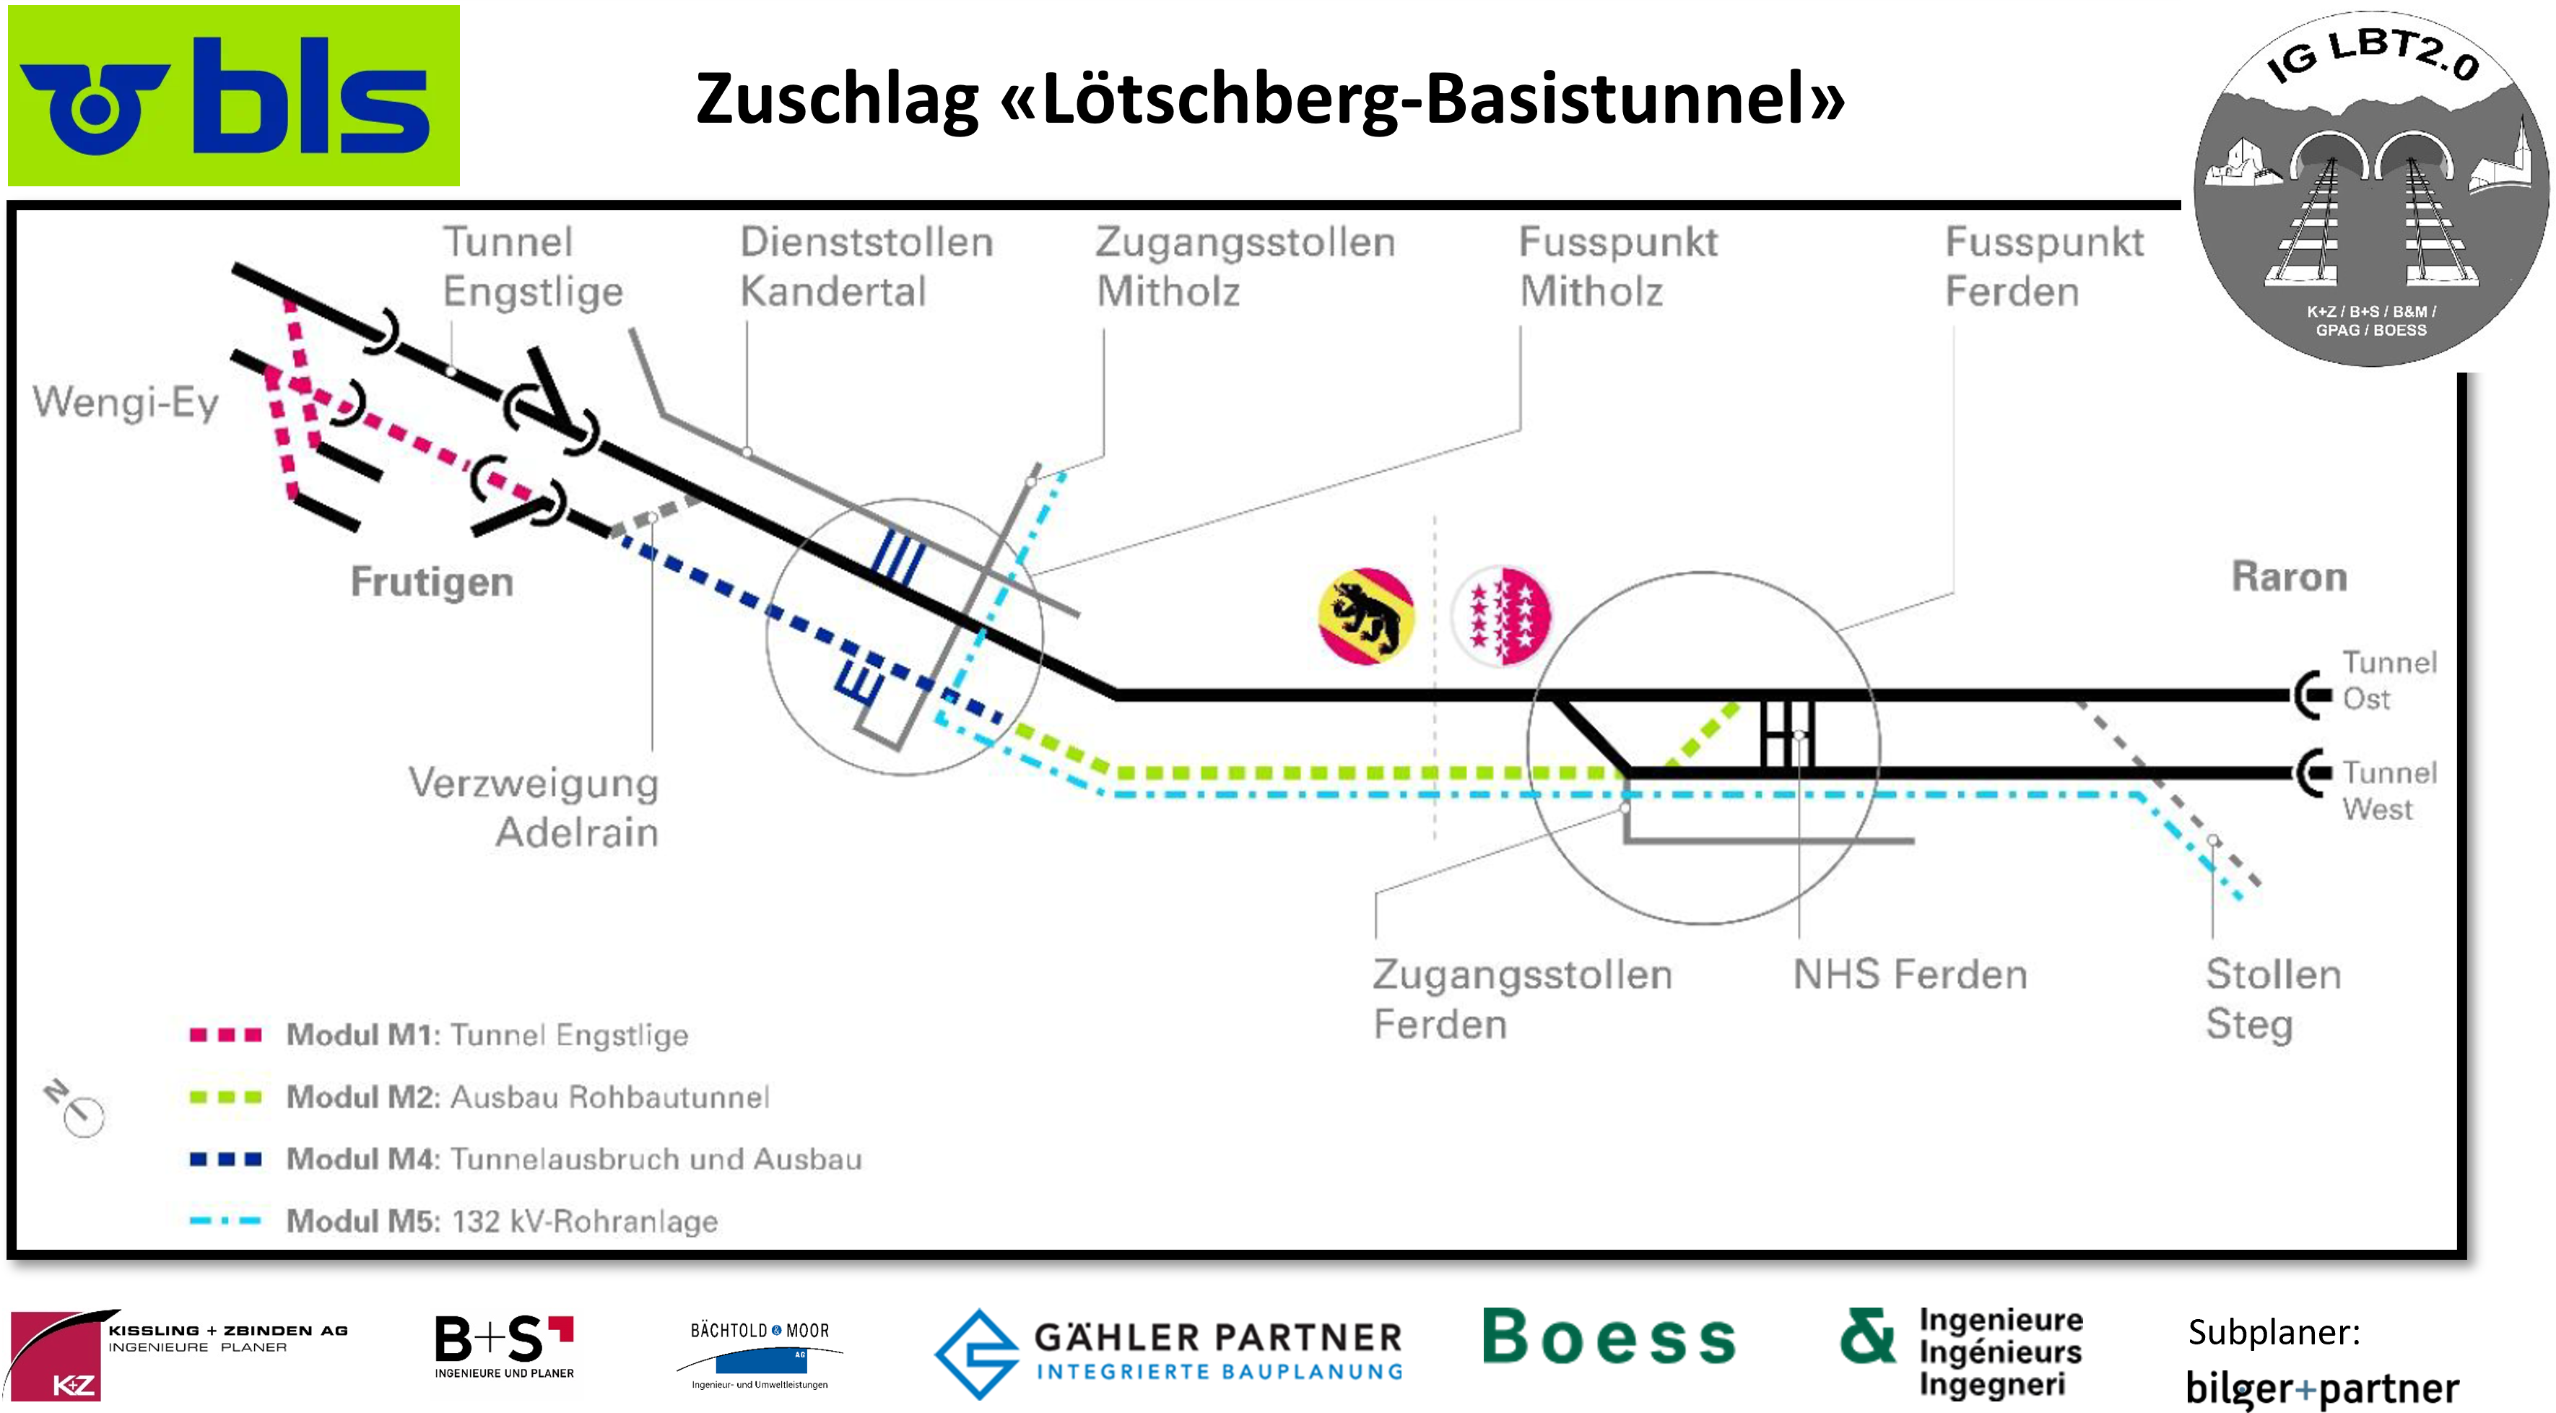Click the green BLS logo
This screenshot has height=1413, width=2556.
click(233, 95)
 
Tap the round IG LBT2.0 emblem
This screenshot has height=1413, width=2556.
click(2370, 188)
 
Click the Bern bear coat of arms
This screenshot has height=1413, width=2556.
click(1366, 615)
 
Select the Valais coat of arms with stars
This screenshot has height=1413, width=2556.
click(1501, 615)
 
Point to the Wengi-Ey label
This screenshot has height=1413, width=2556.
click(125, 403)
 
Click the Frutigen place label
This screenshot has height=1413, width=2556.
click(432, 581)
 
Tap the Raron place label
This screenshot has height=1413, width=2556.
click(2289, 576)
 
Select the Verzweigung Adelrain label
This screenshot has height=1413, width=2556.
click(534, 807)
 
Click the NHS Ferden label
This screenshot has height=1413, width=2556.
click(1909, 975)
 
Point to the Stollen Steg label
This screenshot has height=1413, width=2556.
click(2272, 999)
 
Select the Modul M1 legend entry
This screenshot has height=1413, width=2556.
click(486, 1035)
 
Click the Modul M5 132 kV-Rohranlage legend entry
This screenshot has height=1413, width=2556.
click(501, 1220)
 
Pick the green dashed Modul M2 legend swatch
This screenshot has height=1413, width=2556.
click(225, 1097)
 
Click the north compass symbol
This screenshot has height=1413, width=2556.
click(75, 1108)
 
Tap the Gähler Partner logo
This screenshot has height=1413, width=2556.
click(1169, 1352)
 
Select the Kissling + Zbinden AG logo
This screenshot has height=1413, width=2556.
click(178, 1354)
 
